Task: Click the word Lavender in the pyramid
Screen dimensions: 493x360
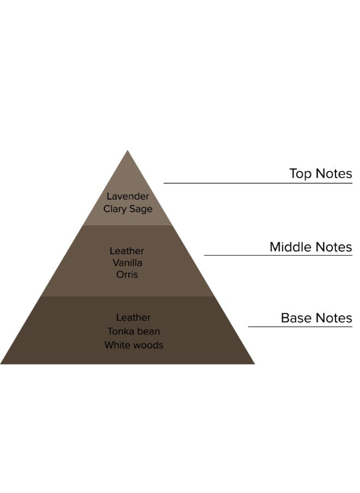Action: pyautogui.click(x=128, y=196)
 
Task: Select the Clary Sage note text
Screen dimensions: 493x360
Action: pyautogui.click(x=128, y=209)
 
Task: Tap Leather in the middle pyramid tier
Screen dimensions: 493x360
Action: pyautogui.click(x=127, y=251)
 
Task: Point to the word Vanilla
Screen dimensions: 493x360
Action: pyautogui.click(x=127, y=263)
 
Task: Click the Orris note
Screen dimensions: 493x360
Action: pyautogui.click(x=127, y=274)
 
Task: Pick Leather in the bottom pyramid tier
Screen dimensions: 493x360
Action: pyautogui.click(x=133, y=317)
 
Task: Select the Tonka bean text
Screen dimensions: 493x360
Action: pyautogui.click(x=133, y=332)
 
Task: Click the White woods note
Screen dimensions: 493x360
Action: pyautogui.click(x=134, y=345)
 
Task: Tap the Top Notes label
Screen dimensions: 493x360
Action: pyautogui.click(x=320, y=174)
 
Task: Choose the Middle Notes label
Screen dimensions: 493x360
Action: pyautogui.click(x=310, y=247)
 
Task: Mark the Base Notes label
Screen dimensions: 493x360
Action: pyautogui.click(x=316, y=318)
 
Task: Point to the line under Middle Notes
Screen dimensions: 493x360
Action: pyautogui.click(x=278, y=255)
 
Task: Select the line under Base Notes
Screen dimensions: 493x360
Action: pyautogui.click(x=300, y=327)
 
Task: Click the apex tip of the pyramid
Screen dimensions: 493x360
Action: pyautogui.click(x=128, y=152)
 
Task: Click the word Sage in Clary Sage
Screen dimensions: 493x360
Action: pyautogui.click(x=141, y=209)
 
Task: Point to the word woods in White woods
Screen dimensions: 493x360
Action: pyautogui.click(x=149, y=345)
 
